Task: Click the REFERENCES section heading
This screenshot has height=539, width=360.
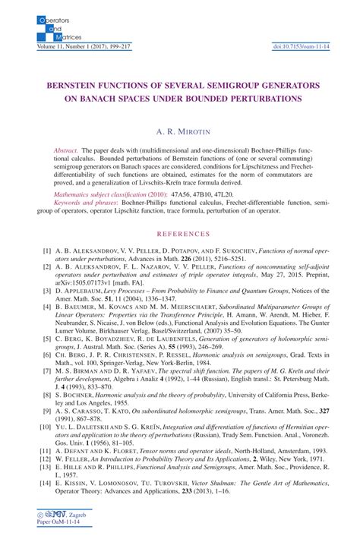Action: pos(180,235)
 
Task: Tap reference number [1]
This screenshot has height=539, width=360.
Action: pos(47,251)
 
